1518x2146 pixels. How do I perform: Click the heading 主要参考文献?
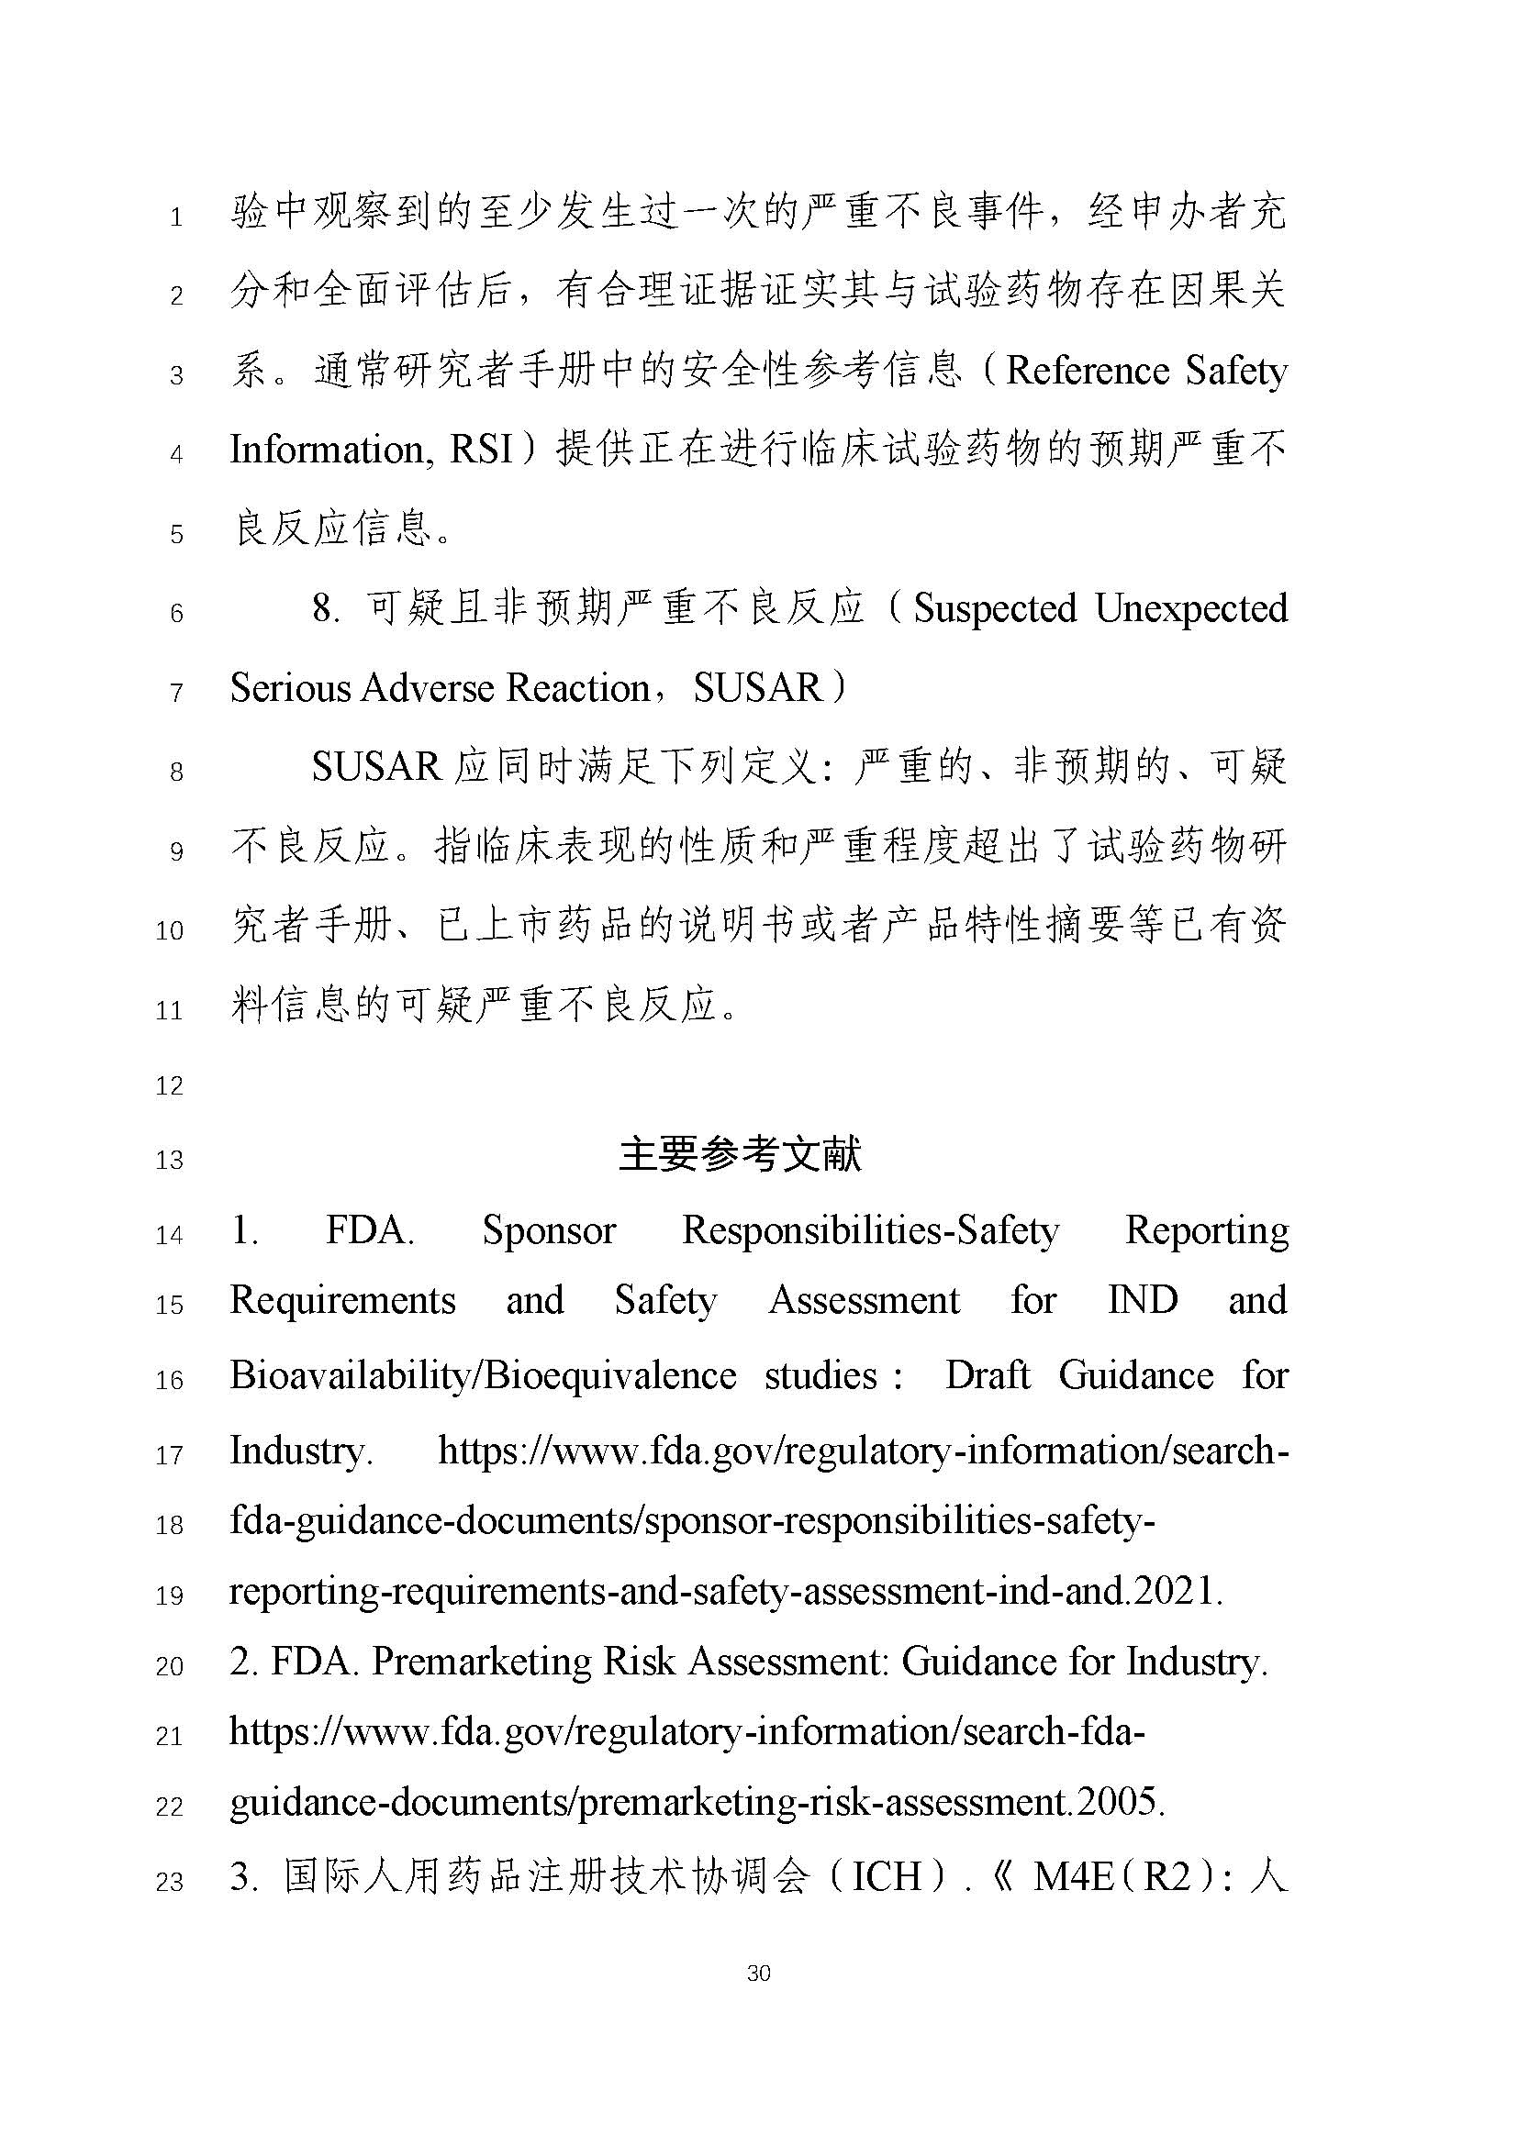[x=740, y=1155]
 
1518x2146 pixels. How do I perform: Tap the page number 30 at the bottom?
[x=759, y=1974]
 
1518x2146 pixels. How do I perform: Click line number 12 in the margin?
[x=169, y=1086]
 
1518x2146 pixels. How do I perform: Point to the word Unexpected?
[x=1191, y=608]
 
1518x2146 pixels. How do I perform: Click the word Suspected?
[x=994, y=608]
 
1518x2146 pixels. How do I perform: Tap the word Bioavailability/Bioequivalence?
[x=483, y=1376]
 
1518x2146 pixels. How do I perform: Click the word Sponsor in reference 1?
[x=549, y=1231]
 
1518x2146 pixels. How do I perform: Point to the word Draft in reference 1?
[x=988, y=1376]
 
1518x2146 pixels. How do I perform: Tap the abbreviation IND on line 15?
[x=1143, y=1300]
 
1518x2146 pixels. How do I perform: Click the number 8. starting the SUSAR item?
[x=324, y=609]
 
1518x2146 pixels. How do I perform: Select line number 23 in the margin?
[x=169, y=1882]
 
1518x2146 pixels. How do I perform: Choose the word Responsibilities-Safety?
[x=870, y=1231]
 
